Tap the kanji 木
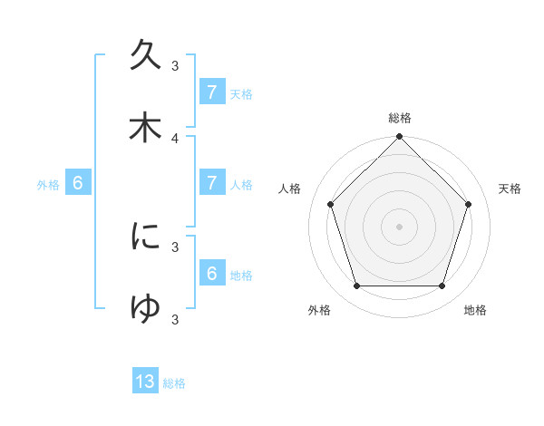(x=145, y=127)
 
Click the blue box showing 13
(x=145, y=382)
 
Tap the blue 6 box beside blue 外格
(x=78, y=183)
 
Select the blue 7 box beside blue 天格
(x=212, y=92)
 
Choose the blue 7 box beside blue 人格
(x=212, y=183)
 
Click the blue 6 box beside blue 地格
(x=212, y=274)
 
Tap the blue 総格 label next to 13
(x=174, y=383)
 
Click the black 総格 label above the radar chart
(x=400, y=118)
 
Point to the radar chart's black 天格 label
(x=510, y=189)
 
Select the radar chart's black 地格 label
(x=475, y=310)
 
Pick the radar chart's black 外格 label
(x=319, y=310)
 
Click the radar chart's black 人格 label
(x=290, y=189)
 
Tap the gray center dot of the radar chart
(x=400, y=226)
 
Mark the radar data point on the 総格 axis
(x=400, y=138)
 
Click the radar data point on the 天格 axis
(x=469, y=204)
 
